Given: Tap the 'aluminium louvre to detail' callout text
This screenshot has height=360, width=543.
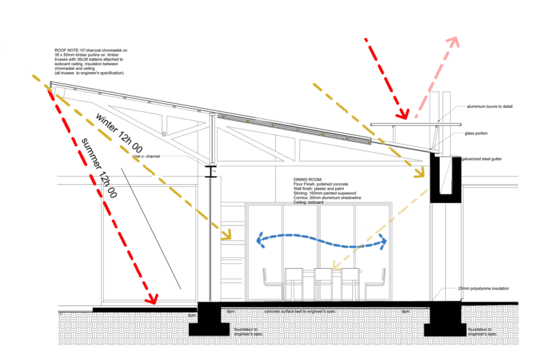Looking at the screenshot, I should tap(492, 107).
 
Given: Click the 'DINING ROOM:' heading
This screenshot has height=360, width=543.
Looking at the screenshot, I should tap(308, 173).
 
